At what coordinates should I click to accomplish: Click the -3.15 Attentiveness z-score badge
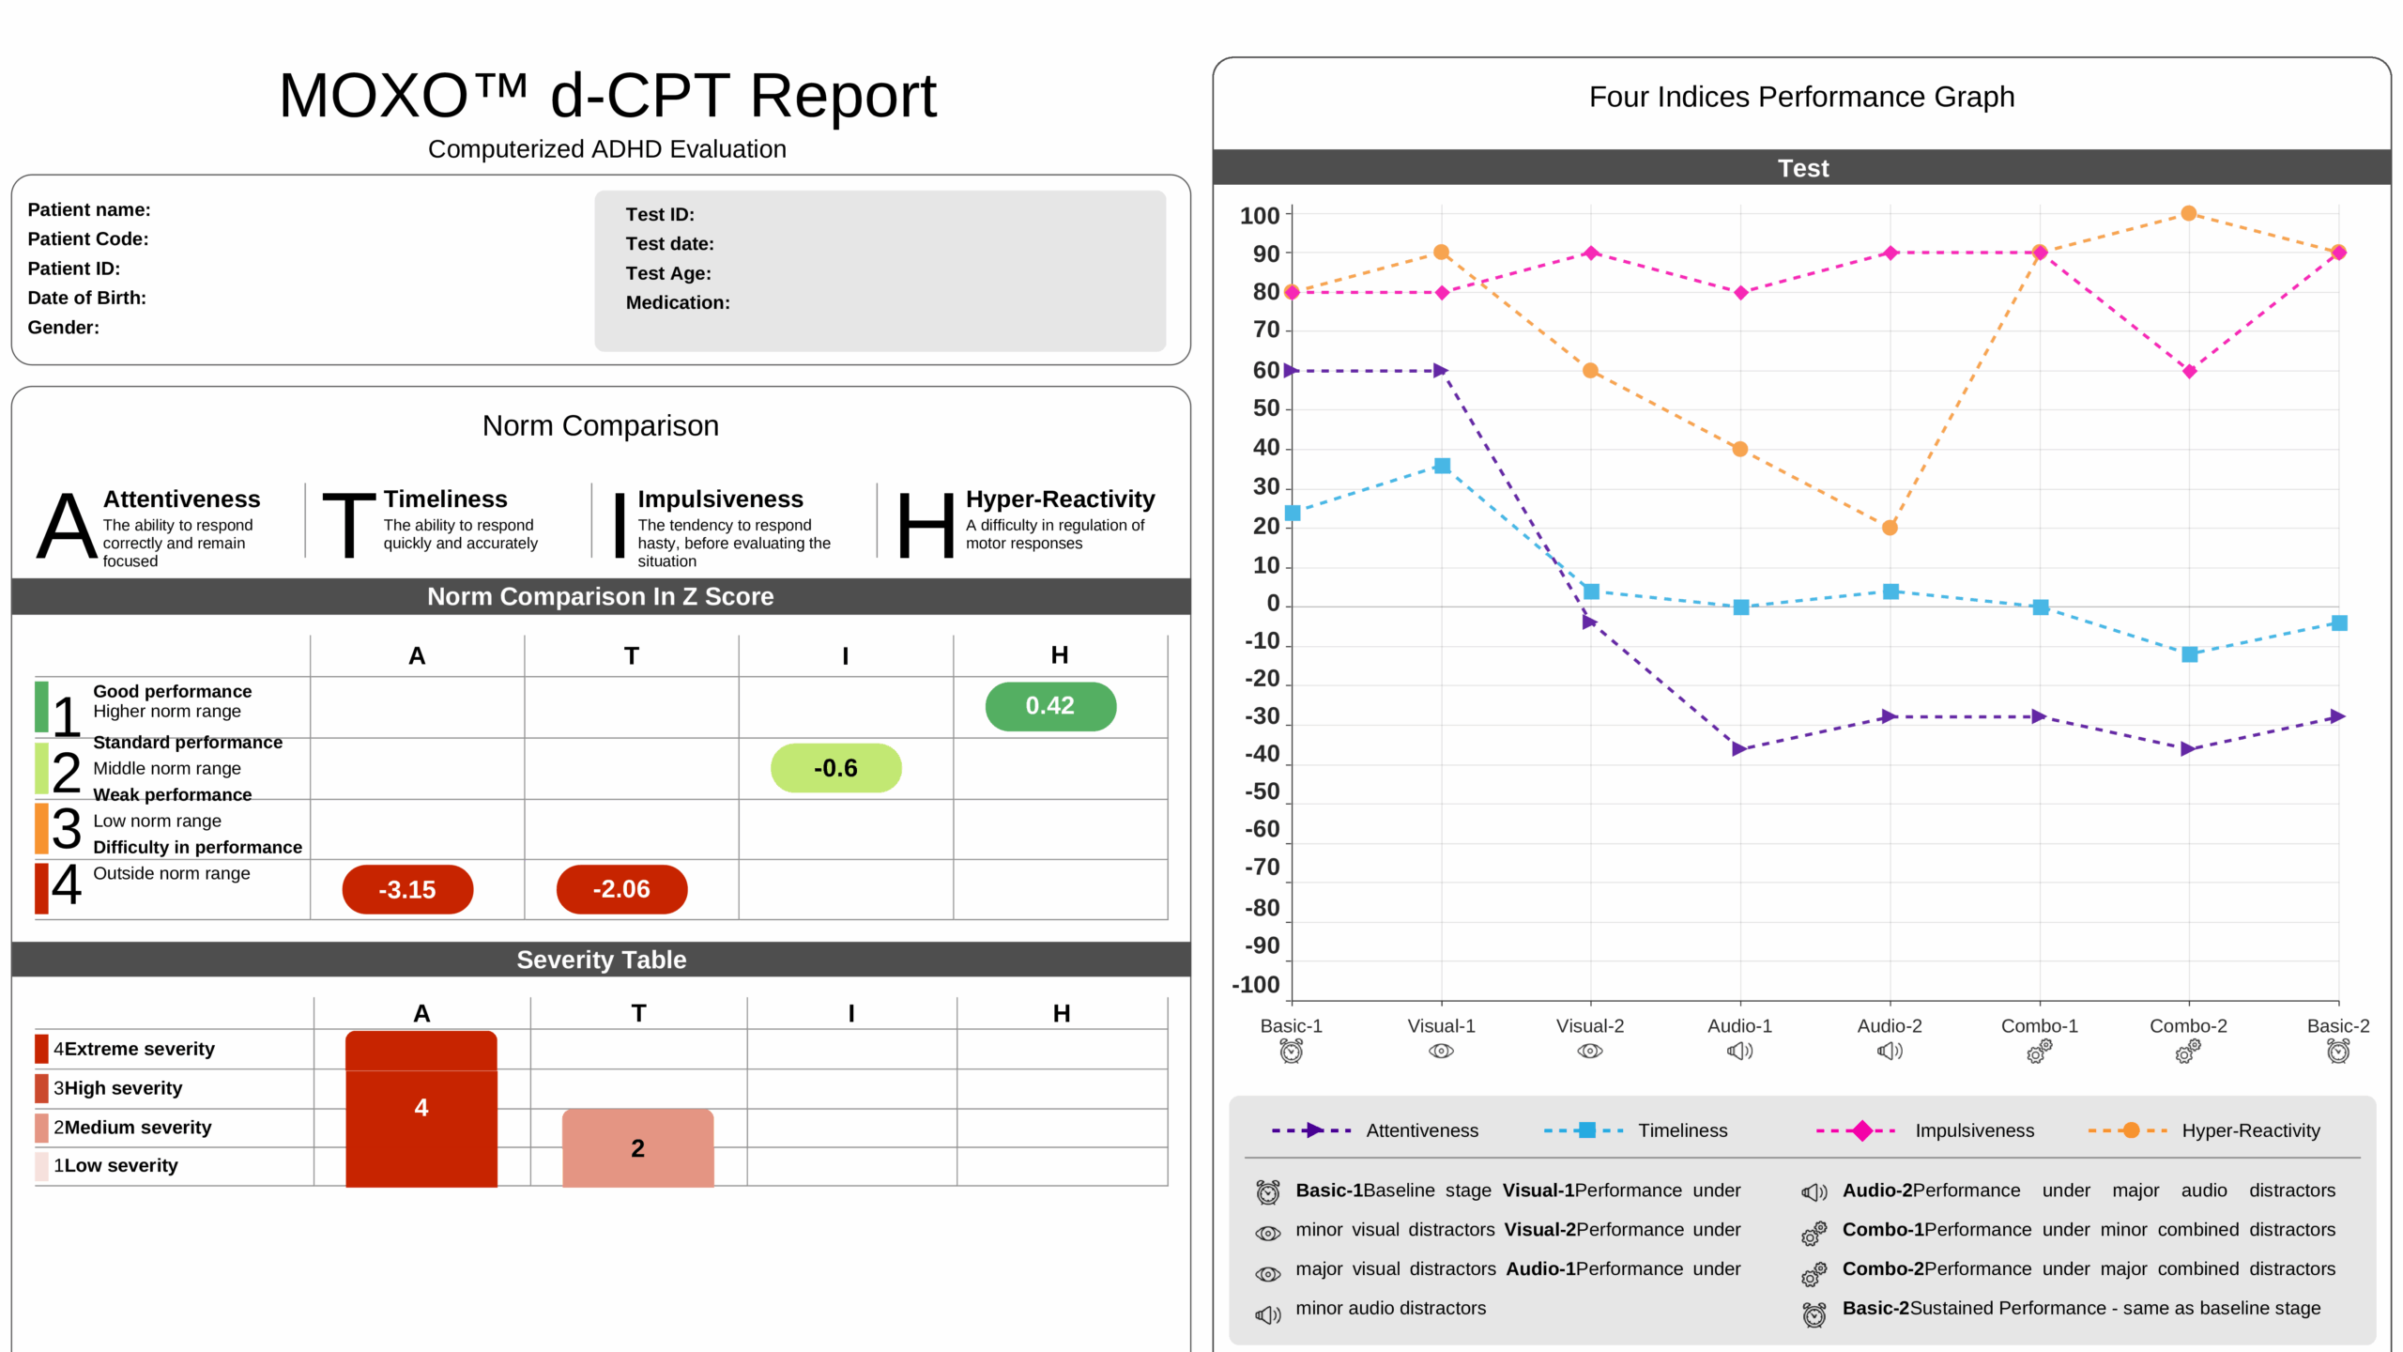click(407, 889)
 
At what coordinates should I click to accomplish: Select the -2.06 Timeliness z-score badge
click(621, 889)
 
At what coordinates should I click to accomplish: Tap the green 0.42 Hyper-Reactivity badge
click(1050, 706)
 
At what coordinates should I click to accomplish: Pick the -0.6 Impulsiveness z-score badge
click(835, 768)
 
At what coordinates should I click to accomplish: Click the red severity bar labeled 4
click(421, 1108)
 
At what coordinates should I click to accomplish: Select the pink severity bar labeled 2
click(637, 1147)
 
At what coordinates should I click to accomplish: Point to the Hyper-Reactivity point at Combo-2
click(2188, 214)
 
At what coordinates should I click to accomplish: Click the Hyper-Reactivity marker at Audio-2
click(1890, 528)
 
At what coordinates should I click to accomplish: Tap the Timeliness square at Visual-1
click(1442, 466)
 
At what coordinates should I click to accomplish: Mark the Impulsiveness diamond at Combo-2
click(2189, 372)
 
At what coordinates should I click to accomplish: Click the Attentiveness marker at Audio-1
click(1739, 749)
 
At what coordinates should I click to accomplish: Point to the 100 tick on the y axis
click(1260, 216)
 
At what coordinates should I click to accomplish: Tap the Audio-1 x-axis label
click(1739, 1026)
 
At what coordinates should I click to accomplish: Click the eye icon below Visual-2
click(1590, 1052)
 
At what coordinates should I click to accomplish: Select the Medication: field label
click(678, 302)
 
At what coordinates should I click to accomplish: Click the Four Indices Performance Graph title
click(1801, 97)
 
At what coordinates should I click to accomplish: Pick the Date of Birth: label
click(86, 298)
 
